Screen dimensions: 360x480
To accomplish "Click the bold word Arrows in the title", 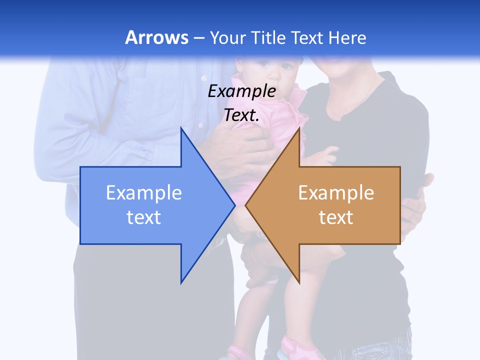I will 156,37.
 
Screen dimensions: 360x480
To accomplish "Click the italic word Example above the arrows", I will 241,91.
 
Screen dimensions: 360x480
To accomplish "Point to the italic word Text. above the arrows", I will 241,115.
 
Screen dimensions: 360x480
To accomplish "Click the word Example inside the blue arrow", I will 144,192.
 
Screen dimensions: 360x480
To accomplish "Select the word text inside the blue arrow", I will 144,217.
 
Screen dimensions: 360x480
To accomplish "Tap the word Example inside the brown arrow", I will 336,192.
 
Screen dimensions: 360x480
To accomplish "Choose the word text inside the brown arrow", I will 336,217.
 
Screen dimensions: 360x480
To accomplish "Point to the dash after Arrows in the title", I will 198,38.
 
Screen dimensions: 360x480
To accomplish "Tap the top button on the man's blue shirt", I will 203,78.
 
